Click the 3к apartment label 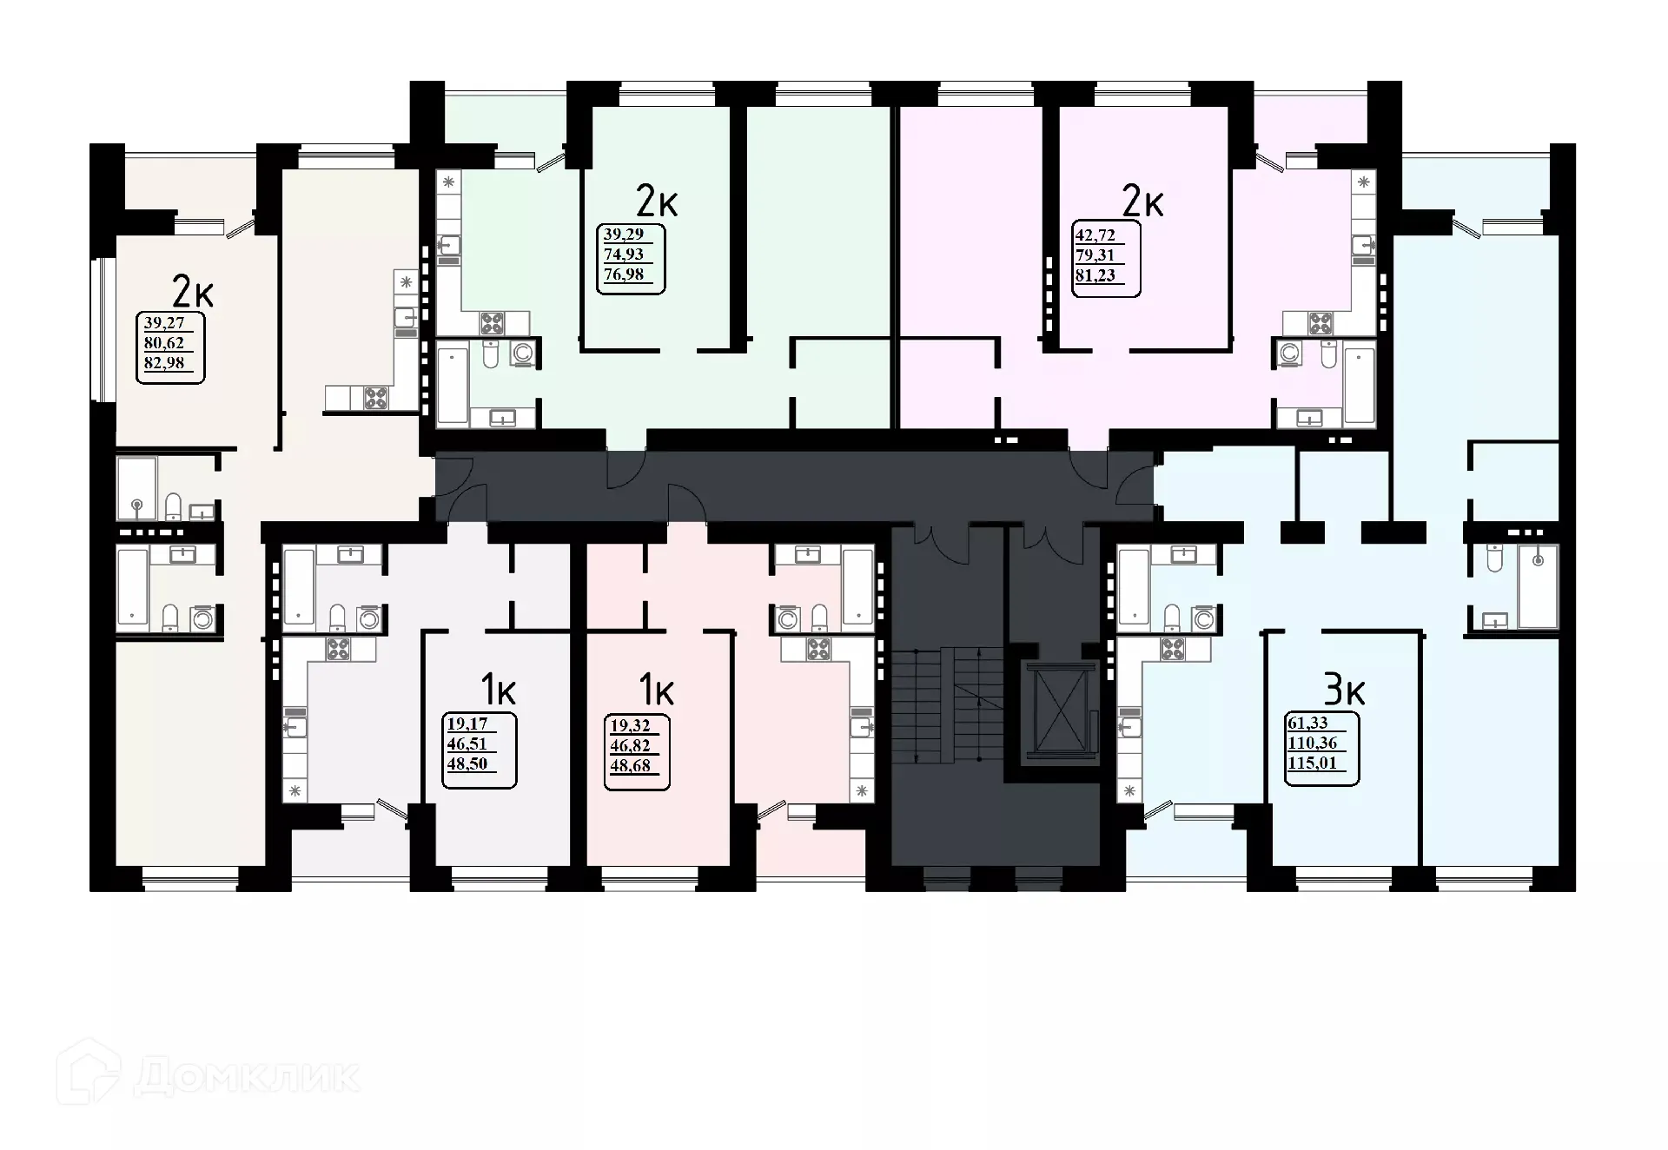tap(1344, 691)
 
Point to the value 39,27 tap(163, 323)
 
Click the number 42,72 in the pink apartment tap(1095, 235)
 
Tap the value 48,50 tap(467, 764)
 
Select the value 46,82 tap(630, 745)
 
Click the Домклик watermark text tap(247, 1077)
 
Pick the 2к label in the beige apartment tap(193, 291)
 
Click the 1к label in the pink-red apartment tap(657, 691)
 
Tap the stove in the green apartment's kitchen tap(492, 324)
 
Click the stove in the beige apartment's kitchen tap(376, 399)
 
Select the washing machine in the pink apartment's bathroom tap(1289, 354)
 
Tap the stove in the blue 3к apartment tap(1173, 649)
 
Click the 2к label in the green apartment tap(657, 202)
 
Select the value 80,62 tap(163, 343)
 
